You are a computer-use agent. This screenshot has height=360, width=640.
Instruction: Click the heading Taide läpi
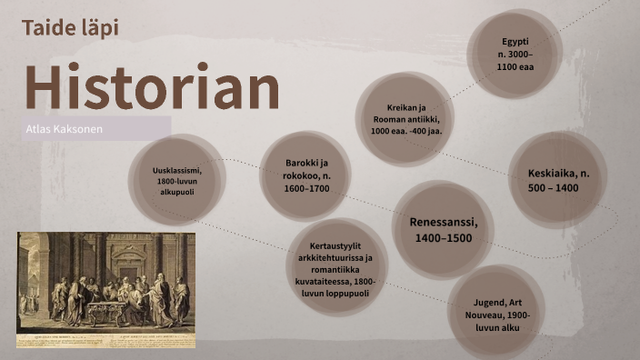pos(70,28)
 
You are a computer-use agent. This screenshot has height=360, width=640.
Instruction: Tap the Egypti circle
pos(515,54)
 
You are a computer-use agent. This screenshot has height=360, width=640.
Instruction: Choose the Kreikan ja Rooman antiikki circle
pos(405,119)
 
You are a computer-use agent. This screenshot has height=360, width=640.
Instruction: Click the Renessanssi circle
pos(443,229)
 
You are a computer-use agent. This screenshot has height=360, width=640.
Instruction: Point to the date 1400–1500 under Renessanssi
pos(443,237)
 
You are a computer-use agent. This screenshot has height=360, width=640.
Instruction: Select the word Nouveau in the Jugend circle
pos(496,315)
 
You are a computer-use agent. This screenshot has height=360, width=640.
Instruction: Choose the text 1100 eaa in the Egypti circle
pos(515,66)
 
